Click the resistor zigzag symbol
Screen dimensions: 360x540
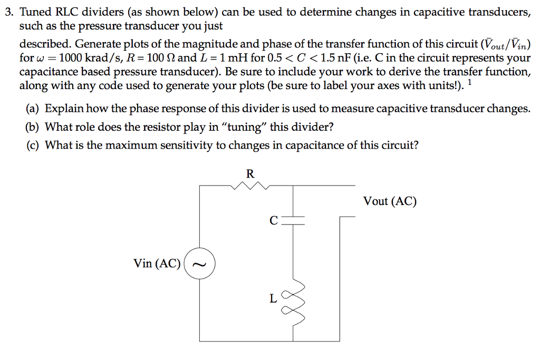[251, 186]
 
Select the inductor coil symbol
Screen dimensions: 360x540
[295, 300]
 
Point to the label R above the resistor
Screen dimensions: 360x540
[250, 173]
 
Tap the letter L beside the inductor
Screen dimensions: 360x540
[273, 298]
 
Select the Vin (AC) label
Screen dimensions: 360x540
[157, 264]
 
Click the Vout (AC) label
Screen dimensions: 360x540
[390, 201]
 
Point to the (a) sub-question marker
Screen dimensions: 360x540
[33, 109]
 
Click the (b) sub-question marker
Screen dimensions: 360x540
[33, 127]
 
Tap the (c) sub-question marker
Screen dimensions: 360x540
[33, 145]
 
